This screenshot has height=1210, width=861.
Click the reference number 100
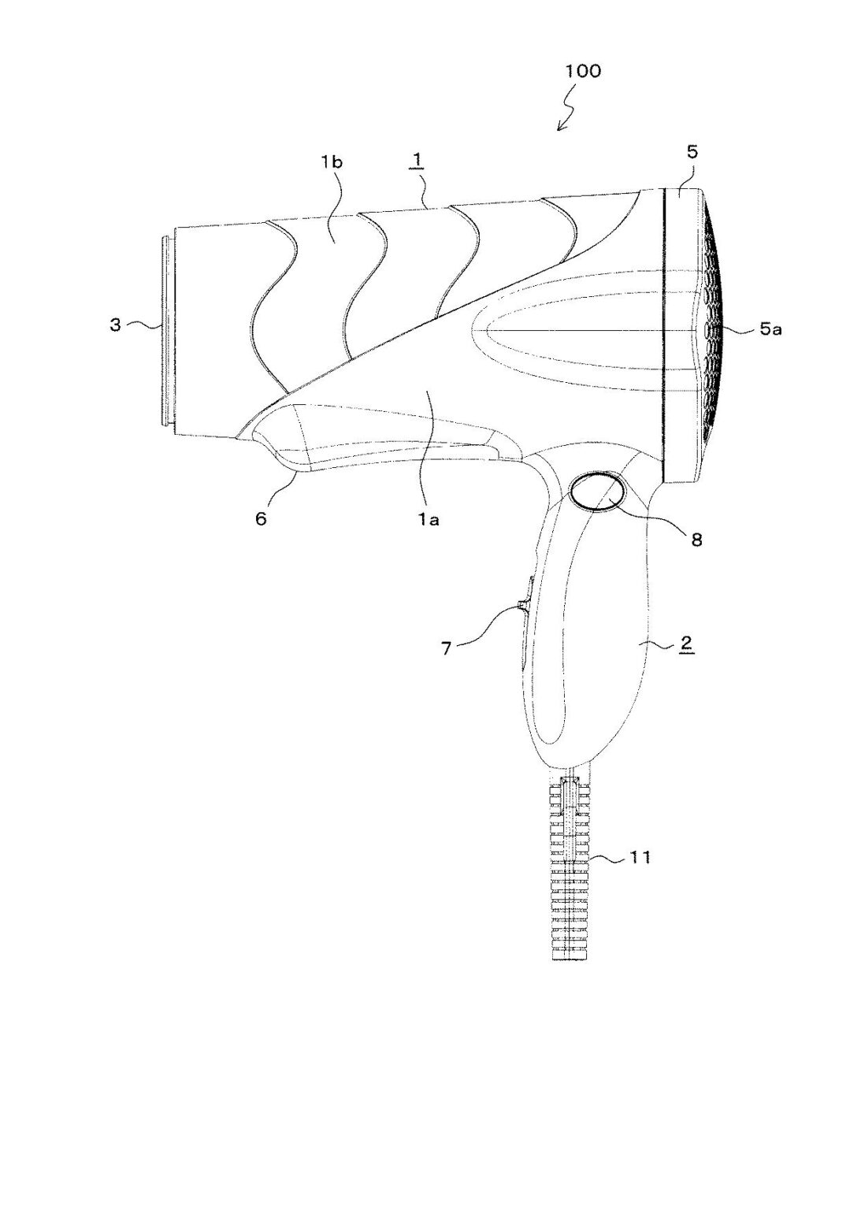click(x=582, y=71)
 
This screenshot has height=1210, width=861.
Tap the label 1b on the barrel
click(x=332, y=162)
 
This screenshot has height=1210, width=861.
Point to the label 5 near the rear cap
click(x=692, y=151)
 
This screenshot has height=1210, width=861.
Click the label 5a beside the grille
click(x=770, y=329)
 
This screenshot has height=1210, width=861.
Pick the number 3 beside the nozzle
click(x=115, y=325)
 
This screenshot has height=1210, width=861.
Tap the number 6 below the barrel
click(x=261, y=518)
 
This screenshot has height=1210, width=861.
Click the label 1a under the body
click(x=429, y=520)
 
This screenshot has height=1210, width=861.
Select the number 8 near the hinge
click(x=696, y=539)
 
